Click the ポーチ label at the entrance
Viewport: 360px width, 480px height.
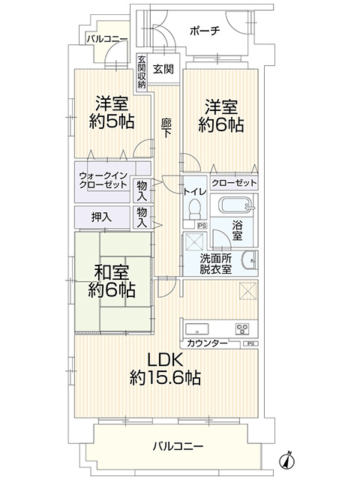(x=205, y=32)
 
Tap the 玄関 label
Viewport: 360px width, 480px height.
(x=163, y=68)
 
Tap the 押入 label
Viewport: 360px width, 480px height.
(x=101, y=217)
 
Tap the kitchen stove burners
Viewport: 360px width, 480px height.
(x=242, y=328)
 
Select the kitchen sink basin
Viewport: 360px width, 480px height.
(x=197, y=328)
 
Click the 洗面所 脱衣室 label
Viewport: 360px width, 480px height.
(x=215, y=264)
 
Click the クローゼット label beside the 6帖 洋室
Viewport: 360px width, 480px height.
(x=234, y=182)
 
